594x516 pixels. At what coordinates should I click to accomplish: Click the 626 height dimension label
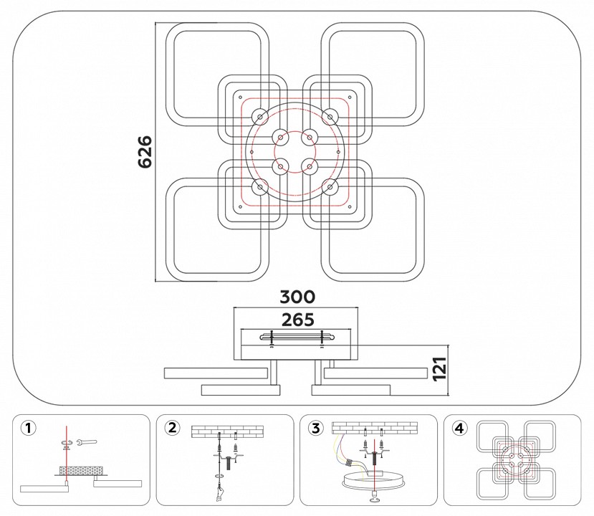click(x=145, y=151)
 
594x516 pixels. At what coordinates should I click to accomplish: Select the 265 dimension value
click(x=297, y=319)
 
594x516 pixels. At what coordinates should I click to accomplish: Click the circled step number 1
click(x=28, y=429)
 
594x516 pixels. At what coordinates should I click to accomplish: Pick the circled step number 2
click(x=171, y=429)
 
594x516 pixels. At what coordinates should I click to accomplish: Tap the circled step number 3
click(x=315, y=429)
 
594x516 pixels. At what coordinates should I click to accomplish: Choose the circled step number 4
click(x=459, y=429)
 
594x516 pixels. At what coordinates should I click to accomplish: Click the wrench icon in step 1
click(x=84, y=442)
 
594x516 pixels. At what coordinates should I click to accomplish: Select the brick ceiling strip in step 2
click(x=226, y=431)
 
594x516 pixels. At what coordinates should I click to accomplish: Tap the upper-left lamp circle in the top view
click(x=259, y=116)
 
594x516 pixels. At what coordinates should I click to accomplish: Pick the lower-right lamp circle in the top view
click(x=329, y=187)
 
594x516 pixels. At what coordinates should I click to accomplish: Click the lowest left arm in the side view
click(x=236, y=389)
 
